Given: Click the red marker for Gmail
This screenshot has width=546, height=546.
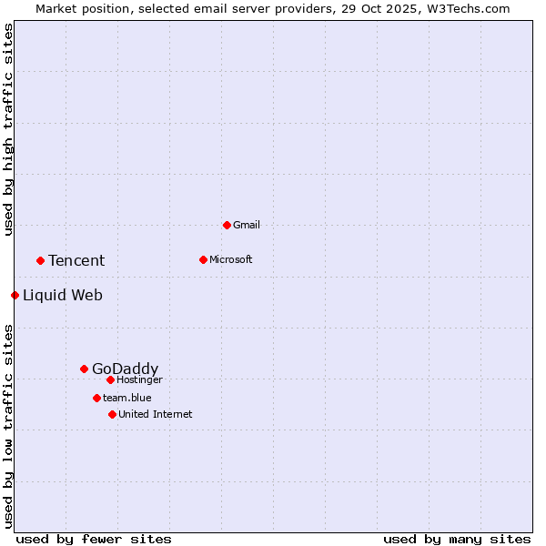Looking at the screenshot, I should pyautogui.click(x=227, y=225).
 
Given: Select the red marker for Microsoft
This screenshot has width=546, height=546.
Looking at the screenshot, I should pyautogui.click(x=203, y=259).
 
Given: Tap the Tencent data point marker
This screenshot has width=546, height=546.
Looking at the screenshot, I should pyautogui.click(x=40, y=260).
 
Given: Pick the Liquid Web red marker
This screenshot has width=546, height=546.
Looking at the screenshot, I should pyautogui.click(x=15, y=295).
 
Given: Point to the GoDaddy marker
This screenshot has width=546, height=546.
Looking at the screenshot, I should pyautogui.click(x=84, y=369).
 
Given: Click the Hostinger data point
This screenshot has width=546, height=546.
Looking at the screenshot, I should pyautogui.click(x=110, y=379).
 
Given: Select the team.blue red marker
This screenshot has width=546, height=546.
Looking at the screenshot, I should pyautogui.click(x=96, y=398).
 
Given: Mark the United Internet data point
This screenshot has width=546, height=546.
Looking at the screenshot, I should pyautogui.click(x=112, y=414).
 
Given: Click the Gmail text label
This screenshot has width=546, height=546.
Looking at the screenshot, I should pyautogui.click(x=247, y=225).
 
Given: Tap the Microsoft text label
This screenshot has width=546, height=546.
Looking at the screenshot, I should pyautogui.click(x=230, y=259).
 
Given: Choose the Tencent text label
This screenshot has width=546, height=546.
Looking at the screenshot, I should pyautogui.click(x=76, y=261).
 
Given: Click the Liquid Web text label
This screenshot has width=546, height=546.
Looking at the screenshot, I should pyautogui.click(x=63, y=295).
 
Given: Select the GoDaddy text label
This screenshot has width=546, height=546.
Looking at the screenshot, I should pyautogui.click(x=125, y=369).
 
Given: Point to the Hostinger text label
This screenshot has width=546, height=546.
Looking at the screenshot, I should pyautogui.click(x=139, y=379).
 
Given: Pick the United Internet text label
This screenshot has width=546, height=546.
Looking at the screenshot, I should pyautogui.click(x=155, y=414).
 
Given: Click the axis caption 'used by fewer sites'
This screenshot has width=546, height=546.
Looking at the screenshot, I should pyautogui.click(x=94, y=539).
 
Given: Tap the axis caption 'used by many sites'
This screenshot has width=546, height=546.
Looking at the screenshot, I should pyautogui.click(x=457, y=539).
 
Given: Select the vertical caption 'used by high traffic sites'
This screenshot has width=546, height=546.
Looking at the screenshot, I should pyautogui.click(x=8, y=129).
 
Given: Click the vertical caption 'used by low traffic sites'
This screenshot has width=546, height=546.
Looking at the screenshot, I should pyautogui.click(x=8, y=425).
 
